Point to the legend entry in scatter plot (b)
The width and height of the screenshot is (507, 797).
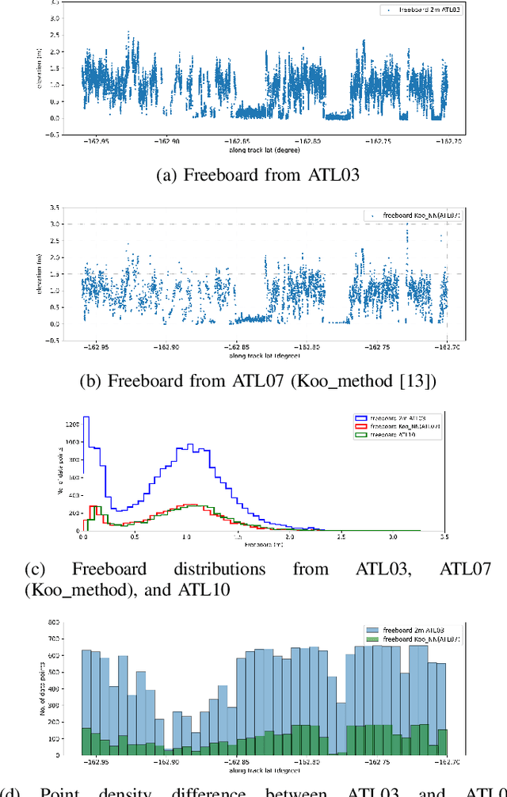417,215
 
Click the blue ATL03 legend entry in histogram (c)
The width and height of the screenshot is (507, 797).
392,418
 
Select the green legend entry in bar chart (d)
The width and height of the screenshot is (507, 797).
416,638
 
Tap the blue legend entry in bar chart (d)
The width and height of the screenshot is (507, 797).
414,629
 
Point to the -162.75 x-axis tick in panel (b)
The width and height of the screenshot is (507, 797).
375,346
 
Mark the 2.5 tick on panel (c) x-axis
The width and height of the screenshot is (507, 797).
341,537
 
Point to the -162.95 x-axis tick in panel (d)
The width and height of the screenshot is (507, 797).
99,762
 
